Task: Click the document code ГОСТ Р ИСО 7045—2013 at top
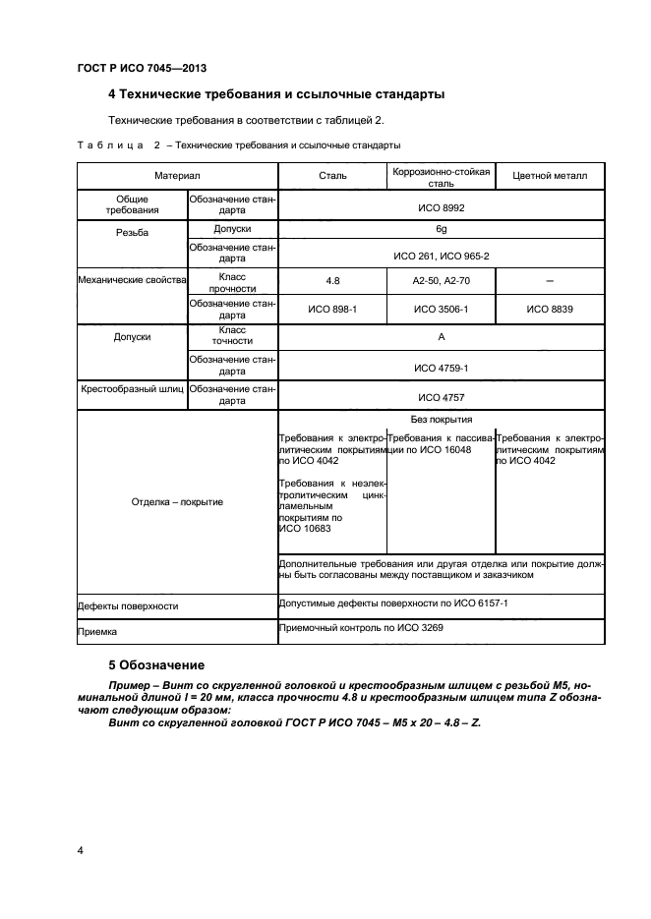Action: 141,68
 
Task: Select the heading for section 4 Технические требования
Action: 275,95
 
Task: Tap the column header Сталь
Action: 333,176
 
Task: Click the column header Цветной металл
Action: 550,176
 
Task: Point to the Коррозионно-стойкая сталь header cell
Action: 441,176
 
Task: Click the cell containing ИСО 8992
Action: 442,208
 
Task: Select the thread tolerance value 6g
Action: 442,229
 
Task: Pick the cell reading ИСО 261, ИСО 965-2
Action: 442,256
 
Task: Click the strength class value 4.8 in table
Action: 332,282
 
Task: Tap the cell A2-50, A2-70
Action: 441,282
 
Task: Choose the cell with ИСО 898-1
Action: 332,309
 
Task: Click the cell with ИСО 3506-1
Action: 441,309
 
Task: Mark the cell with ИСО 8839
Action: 550,309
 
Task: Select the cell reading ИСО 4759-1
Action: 442,368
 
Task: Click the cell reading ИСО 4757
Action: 442,397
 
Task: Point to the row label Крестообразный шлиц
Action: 132,389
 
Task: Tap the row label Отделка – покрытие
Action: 177,501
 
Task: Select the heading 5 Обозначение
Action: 155,664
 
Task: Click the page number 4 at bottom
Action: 80,849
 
